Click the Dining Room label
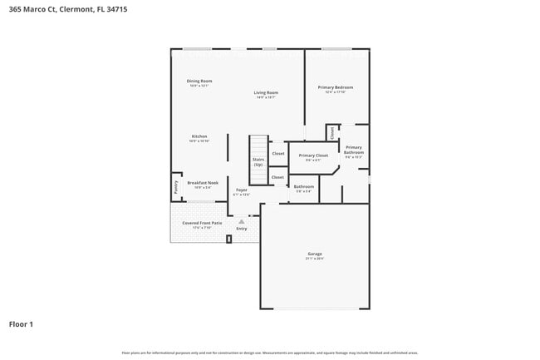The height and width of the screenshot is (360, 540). pyautogui.click(x=199, y=81)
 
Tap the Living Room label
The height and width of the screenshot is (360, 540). pyautogui.click(x=266, y=92)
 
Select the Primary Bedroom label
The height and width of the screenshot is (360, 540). pyautogui.click(x=336, y=86)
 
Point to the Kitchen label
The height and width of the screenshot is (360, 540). pyautogui.click(x=199, y=136)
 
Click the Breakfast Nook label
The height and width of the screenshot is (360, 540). pyautogui.click(x=203, y=182)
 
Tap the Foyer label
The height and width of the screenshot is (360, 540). pyautogui.click(x=241, y=190)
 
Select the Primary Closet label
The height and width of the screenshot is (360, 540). pyautogui.click(x=313, y=155)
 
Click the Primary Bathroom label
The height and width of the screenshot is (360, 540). pyautogui.click(x=354, y=150)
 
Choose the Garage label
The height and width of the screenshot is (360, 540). pyautogui.click(x=315, y=254)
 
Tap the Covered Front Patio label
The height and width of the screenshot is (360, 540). pyautogui.click(x=203, y=224)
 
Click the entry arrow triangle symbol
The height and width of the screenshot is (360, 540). pyautogui.click(x=241, y=221)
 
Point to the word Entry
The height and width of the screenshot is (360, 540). pyautogui.click(x=241, y=228)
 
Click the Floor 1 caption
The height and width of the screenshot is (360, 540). pyautogui.click(x=21, y=323)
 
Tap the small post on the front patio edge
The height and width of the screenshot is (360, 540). pyautogui.click(x=228, y=239)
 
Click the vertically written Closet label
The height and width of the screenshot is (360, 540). pyautogui.click(x=331, y=133)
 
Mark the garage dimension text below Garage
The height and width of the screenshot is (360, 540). pyautogui.click(x=315, y=259)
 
